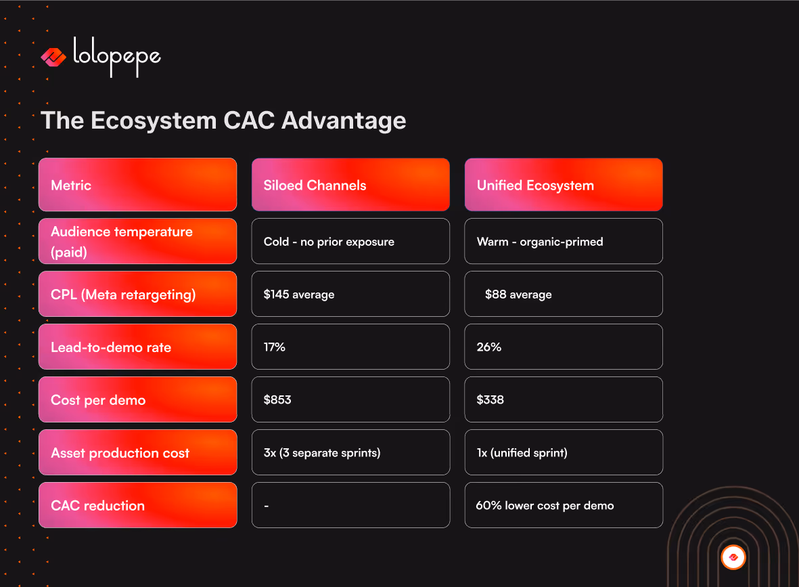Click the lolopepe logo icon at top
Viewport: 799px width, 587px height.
[x=53, y=58]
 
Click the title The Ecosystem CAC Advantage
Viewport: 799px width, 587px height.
[x=223, y=121]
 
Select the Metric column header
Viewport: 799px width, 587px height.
[x=137, y=185]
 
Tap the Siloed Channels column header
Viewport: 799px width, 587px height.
[x=350, y=185]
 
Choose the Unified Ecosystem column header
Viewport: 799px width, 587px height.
[x=563, y=185]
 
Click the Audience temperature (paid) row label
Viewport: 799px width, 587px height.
[x=137, y=241]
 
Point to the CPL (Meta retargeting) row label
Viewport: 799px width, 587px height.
[x=137, y=294]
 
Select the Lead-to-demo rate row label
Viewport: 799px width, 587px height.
[x=137, y=347]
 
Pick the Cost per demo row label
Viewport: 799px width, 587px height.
[x=137, y=399]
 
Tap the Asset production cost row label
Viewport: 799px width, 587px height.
[x=137, y=452]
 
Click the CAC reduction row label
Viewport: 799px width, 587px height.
[x=137, y=505]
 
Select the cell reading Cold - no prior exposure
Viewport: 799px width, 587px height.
[x=350, y=241]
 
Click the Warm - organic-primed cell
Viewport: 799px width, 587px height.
[x=563, y=241]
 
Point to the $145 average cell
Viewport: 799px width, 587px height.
[x=350, y=294]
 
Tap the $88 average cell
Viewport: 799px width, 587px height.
[x=563, y=294]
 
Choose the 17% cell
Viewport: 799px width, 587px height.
[x=350, y=347]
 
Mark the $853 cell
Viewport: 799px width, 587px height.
[x=350, y=399]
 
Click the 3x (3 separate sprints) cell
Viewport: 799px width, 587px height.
[x=350, y=452]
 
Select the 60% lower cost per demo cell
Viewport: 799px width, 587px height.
[x=563, y=505]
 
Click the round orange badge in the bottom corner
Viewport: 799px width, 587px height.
[x=733, y=557]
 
